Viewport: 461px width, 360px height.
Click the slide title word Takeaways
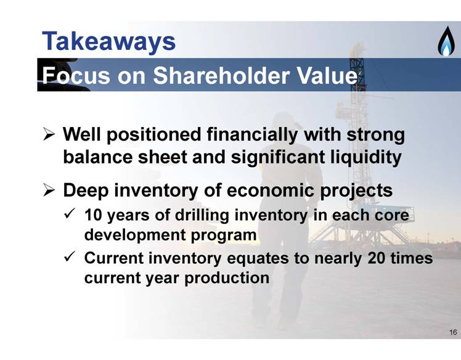(x=109, y=42)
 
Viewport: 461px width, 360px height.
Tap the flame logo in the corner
(x=446, y=41)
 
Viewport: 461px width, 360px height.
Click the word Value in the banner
(x=327, y=75)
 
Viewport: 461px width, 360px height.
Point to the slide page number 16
(x=453, y=332)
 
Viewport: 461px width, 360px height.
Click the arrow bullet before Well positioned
(x=49, y=134)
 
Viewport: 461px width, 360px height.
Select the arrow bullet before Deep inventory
(x=49, y=190)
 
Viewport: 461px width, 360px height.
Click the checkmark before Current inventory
(x=70, y=256)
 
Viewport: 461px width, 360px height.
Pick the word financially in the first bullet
(x=252, y=135)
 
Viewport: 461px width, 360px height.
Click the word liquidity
(x=365, y=157)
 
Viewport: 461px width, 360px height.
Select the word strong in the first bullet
(x=375, y=135)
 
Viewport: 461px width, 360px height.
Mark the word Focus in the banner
(x=76, y=75)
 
